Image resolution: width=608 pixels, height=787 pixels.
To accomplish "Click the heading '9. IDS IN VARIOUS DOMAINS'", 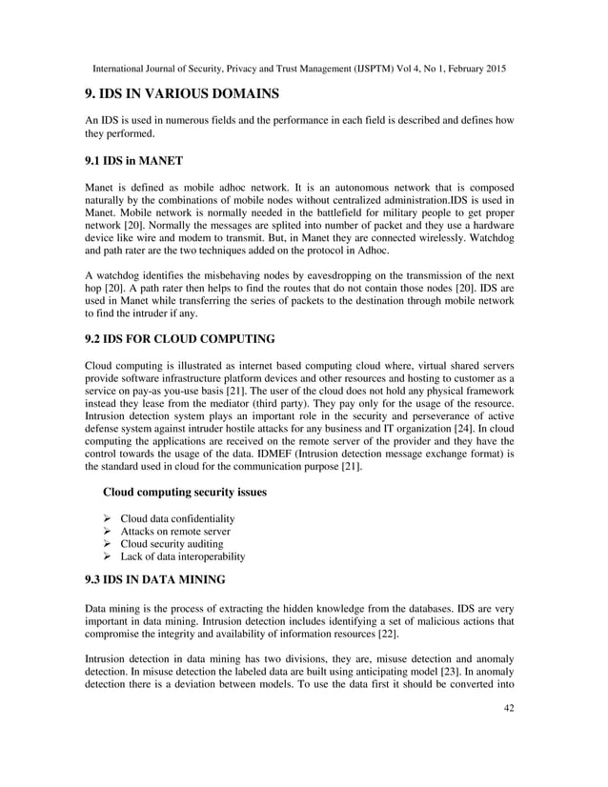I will click(x=182, y=93).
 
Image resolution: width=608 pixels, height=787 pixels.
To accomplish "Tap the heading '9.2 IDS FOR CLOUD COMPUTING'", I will click(x=180, y=338).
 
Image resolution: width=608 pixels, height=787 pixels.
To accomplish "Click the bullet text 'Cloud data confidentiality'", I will click(x=177, y=517).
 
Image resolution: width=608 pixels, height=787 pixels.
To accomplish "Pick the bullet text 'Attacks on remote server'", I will click(x=175, y=531).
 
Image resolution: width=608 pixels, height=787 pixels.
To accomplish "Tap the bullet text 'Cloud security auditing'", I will click(x=172, y=543).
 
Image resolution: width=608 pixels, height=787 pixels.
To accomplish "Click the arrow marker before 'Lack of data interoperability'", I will click(x=108, y=556).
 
